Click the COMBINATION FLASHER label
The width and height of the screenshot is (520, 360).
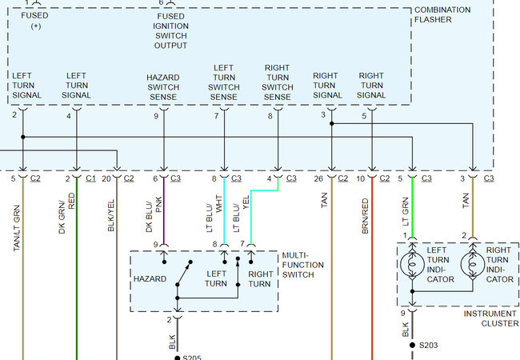tap(454, 14)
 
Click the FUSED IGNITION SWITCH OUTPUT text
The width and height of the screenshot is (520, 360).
tap(171, 30)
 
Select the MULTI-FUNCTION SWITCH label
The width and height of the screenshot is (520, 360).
tap(303, 265)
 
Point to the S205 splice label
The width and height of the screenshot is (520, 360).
tap(193, 357)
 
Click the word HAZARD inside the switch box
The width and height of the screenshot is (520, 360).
tap(150, 278)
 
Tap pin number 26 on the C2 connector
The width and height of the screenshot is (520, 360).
tap(319, 178)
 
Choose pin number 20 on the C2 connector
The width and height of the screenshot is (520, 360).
tap(106, 178)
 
